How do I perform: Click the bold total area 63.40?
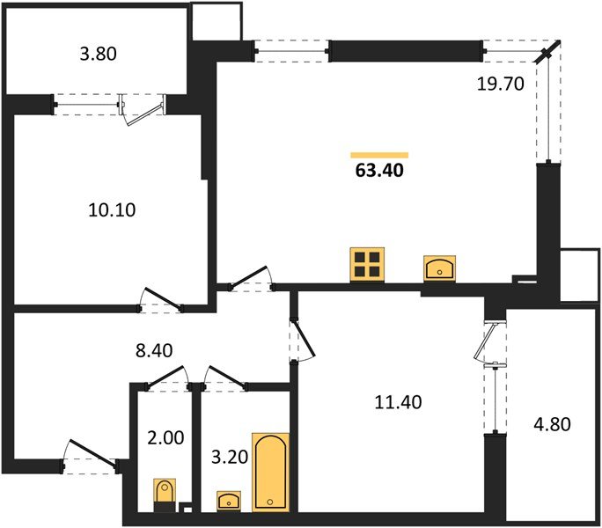[x=378, y=171]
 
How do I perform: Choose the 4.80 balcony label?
[x=552, y=424]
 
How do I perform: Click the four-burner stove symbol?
[x=367, y=265]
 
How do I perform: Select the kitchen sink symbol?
[x=438, y=268]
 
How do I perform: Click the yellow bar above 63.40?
[x=378, y=154]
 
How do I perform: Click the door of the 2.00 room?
[x=168, y=377]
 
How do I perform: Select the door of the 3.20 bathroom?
[x=224, y=376]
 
